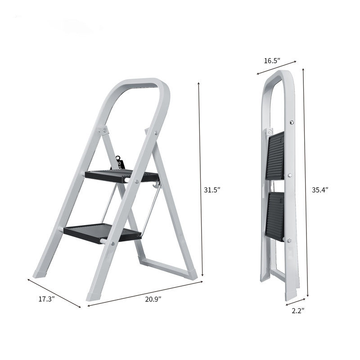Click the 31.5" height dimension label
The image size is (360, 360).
pos(211,190)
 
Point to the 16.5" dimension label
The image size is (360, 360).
pos(271,60)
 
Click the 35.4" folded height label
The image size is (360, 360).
pos(320,190)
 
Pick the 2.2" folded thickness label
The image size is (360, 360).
pos(297,310)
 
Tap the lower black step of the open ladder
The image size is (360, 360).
pos(102,232)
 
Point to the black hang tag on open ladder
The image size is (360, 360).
pos(121,162)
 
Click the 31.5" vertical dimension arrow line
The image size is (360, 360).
pos(201,180)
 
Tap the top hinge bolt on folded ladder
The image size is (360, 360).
pos(292,122)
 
